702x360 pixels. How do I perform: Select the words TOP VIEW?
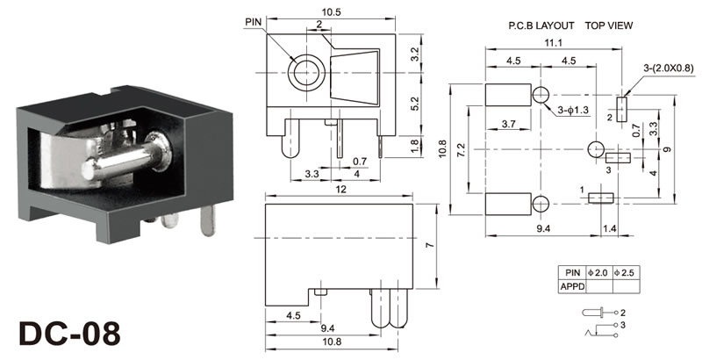click(x=610, y=26)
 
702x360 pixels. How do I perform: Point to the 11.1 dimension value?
click(x=541, y=42)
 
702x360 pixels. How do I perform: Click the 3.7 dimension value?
click(x=507, y=124)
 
